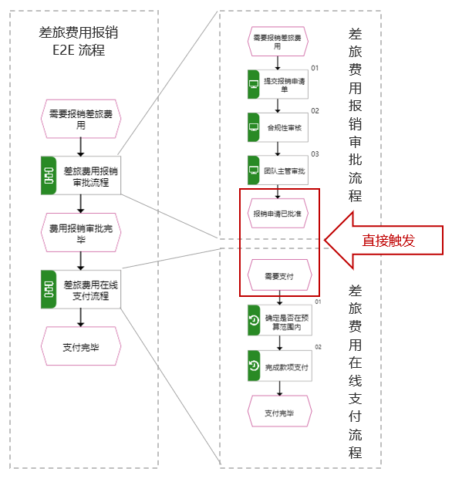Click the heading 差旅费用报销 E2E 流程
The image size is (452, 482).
(79, 41)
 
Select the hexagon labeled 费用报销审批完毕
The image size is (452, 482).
(81, 233)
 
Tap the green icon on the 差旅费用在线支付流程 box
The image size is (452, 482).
(49, 289)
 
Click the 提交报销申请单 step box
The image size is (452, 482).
(278, 84)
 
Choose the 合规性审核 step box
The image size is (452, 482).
(278, 127)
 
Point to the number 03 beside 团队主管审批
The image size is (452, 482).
(315, 154)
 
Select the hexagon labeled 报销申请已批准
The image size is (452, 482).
(278, 214)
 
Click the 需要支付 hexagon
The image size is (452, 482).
(279, 275)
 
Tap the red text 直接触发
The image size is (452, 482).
(389, 241)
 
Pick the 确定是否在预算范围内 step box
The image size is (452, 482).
(280, 320)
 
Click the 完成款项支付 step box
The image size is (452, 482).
(280, 366)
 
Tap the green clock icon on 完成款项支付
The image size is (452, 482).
(254, 366)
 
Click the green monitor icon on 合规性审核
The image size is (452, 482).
(254, 127)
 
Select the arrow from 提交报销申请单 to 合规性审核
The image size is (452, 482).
(278, 106)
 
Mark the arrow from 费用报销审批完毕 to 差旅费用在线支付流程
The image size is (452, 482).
(81, 261)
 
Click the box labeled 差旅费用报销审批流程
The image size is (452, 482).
(81, 176)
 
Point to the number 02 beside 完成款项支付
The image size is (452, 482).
(318, 347)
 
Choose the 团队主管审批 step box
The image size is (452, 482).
(278, 170)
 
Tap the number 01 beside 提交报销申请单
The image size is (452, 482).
(315, 68)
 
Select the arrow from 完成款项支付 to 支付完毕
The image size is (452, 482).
(279, 389)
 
